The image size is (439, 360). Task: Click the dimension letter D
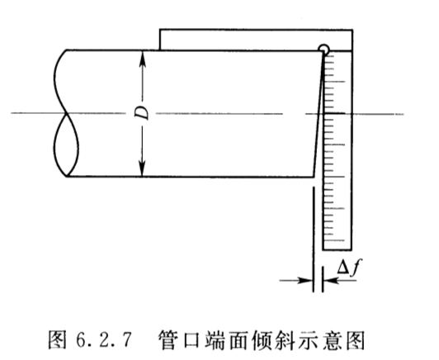click(142, 112)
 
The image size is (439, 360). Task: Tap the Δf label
click(349, 267)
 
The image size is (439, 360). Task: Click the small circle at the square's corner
click(323, 50)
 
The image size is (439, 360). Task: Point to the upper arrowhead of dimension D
click(143, 59)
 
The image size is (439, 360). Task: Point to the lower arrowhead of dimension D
click(142, 169)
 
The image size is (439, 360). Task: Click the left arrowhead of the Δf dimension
click(304, 280)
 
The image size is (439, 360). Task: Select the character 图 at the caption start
click(58, 340)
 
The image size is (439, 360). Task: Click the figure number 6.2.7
click(103, 340)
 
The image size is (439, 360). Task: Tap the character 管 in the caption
click(168, 340)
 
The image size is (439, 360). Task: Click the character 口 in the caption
click(191, 340)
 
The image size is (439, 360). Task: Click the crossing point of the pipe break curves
click(67, 113)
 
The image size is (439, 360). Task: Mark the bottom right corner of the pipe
click(314, 177)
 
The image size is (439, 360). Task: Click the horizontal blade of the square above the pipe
click(256, 40)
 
